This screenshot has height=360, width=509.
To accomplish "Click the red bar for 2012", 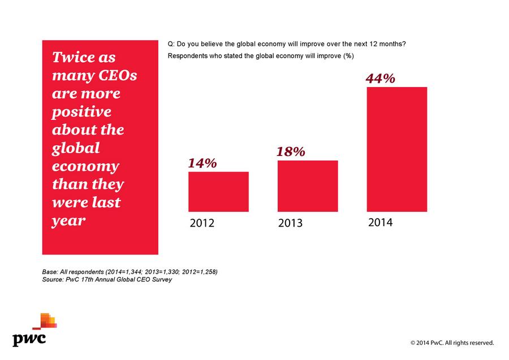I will point(218,192).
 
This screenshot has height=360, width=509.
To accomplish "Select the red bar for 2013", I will point(308,186).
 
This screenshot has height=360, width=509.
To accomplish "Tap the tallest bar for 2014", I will point(397,149).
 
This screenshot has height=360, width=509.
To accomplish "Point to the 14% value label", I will point(202,163).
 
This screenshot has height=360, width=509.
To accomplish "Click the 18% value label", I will point(291,151).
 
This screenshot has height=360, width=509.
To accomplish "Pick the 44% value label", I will point(380,79).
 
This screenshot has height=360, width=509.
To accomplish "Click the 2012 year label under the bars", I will point(202,223).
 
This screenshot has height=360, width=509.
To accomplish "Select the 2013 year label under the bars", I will point(291,223).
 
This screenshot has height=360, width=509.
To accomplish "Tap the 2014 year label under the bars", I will point(380,223).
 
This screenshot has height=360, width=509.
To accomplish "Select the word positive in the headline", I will point(81,112).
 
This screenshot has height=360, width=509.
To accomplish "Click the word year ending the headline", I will point(68,220).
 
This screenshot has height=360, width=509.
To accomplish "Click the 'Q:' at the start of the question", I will point(171,44).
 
